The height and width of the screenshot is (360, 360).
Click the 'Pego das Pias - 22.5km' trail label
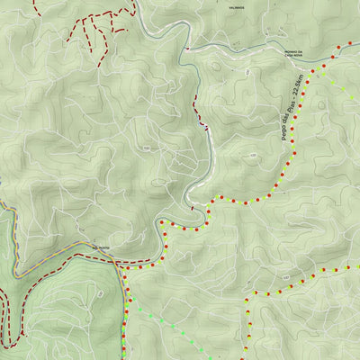[290, 107]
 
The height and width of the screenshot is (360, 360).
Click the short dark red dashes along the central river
[197, 112]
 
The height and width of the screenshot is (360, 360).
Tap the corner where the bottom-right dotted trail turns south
[248, 293]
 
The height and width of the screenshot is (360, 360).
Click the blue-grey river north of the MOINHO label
[261, 40]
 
